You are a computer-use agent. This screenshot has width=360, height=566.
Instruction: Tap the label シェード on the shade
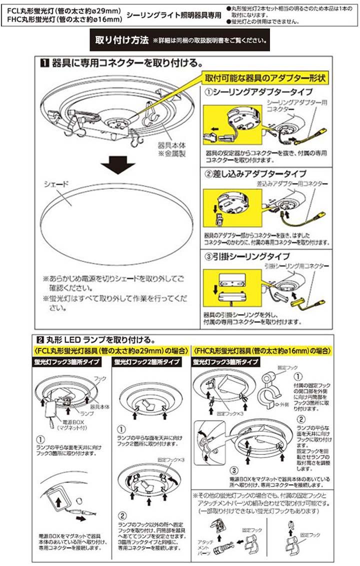52,184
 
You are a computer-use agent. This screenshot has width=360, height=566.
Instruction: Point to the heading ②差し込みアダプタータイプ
255,173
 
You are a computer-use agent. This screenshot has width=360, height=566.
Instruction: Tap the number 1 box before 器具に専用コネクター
43,63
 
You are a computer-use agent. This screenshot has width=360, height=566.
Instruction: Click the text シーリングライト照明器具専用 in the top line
173,15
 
